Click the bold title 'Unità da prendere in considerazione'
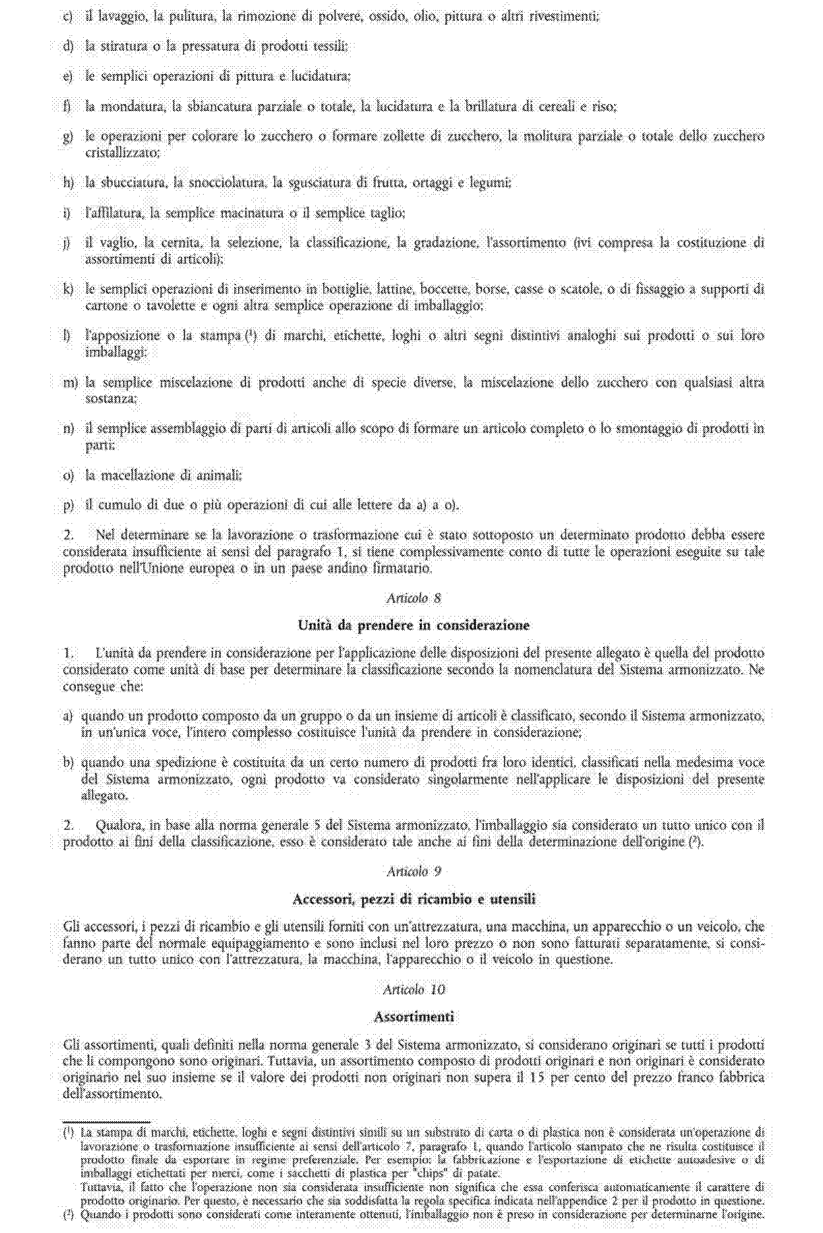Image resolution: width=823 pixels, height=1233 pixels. [x=413, y=625]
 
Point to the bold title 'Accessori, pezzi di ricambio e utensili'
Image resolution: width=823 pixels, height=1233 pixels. [x=413, y=899]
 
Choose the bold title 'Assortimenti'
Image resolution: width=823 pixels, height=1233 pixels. [x=413, y=1017]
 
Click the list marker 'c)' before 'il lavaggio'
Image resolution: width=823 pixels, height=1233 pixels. [x=67, y=17]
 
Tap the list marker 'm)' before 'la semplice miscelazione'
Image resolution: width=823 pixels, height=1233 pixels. [x=70, y=383]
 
